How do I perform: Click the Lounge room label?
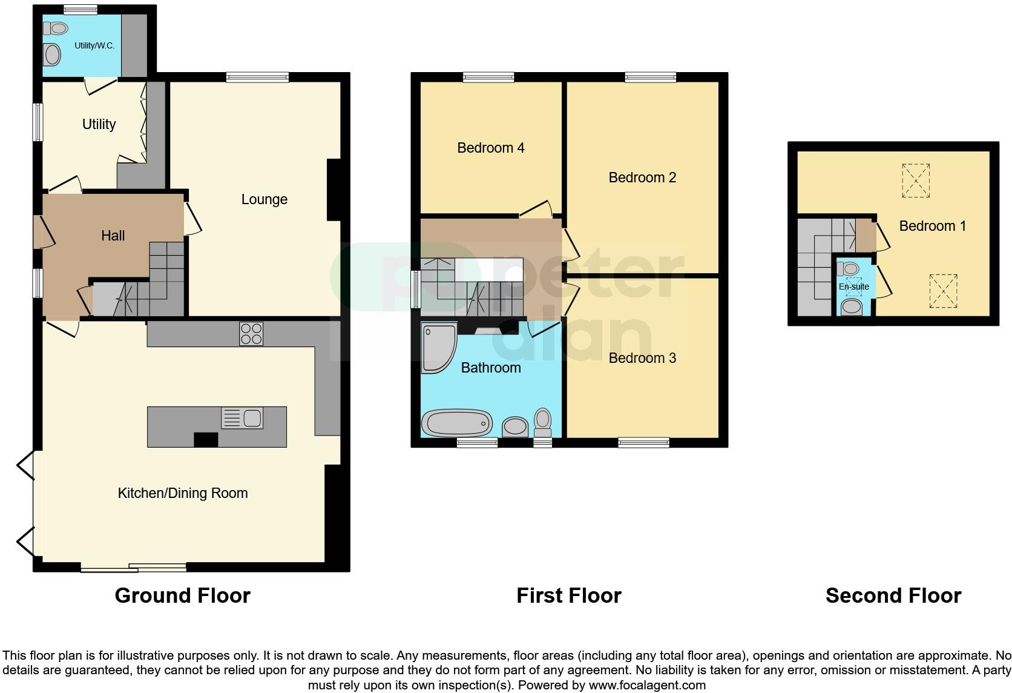(x=264, y=199)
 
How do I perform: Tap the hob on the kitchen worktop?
(x=251, y=333)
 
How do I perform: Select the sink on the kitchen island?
(x=242, y=418)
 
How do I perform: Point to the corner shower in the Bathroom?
(x=438, y=348)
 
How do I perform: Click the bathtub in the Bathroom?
(x=457, y=423)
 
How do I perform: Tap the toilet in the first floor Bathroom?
(x=543, y=422)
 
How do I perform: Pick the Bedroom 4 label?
(x=490, y=148)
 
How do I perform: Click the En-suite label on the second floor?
(x=853, y=287)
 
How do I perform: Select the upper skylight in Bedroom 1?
(x=915, y=181)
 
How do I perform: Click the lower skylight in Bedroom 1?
(x=943, y=291)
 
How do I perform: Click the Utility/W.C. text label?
(x=94, y=45)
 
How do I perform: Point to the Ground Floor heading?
(x=182, y=595)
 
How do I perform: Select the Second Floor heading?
(x=893, y=595)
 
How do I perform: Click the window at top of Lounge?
(x=257, y=77)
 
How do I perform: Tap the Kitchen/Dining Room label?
(x=182, y=493)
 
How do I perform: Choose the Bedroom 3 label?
(x=642, y=358)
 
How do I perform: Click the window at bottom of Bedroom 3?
(x=643, y=443)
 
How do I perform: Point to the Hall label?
(x=113, y=236)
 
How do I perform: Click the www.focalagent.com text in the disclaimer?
(x=647, y=685)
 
